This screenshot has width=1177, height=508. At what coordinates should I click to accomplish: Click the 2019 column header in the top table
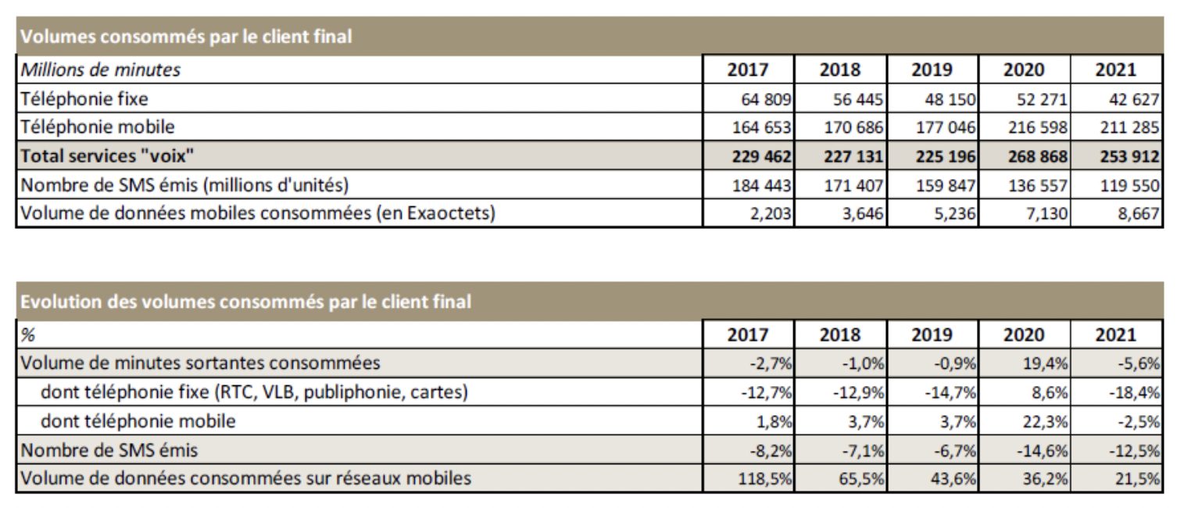pyautogui.click(x=931, y=70)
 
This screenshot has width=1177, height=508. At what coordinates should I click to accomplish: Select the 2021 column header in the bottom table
pyautogui.click(x=1115, y=334)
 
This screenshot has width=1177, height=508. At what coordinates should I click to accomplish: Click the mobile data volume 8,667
pyautogui.click(x=1138, y=213)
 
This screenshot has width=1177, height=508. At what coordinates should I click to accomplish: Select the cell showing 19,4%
pyautogui.click(x=1047, y=363)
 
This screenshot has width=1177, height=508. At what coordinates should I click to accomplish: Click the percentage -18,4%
pyautogui.click(x=1134, y=392)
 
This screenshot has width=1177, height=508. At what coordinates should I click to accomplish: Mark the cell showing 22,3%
pyautogui.click(x=1047, y=421)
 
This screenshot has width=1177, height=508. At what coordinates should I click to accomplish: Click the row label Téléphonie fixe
pyautogui.click(x=84, y=98)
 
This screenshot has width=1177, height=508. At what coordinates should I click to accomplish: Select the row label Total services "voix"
pyautogui.click(x=106, y=156)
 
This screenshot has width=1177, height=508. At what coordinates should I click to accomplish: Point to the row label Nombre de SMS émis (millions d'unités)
pyautogui.click(x=184, y=185)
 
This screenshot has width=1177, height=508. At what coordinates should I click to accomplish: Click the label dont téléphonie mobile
pyautogui.click(x=138, y=421)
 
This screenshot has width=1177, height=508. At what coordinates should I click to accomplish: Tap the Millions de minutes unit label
pyautogui.click(x=100, y=70)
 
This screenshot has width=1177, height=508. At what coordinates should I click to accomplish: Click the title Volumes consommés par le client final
pyautogui.click(x=185, y=36)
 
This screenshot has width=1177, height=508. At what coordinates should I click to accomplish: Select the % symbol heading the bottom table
pyautogui.click(x=28, y=334)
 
